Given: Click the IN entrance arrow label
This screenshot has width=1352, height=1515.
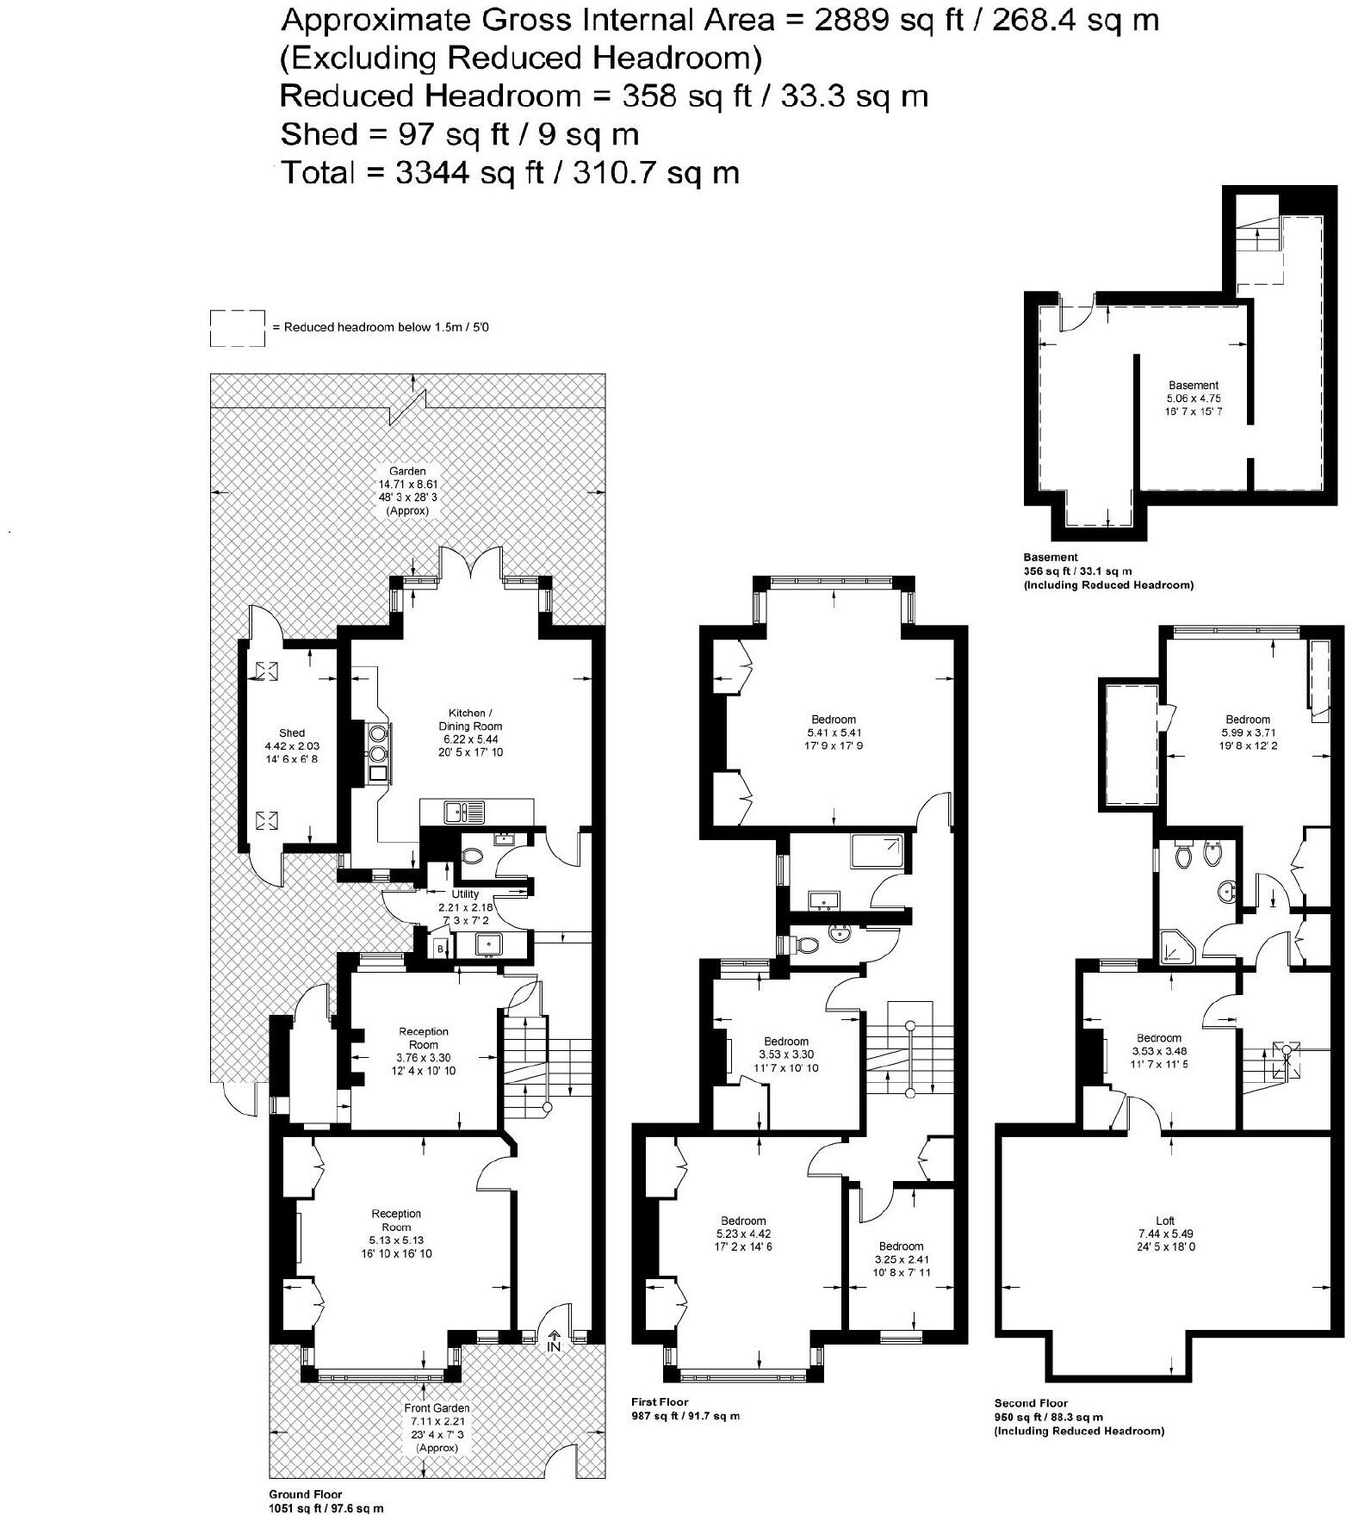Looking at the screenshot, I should (x=553, y=1344).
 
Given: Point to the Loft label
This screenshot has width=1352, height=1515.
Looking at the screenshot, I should (x=1164, y=1220).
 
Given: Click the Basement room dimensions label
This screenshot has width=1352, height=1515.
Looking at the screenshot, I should (x=1194, y=399).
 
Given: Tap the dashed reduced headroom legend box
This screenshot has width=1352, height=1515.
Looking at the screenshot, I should (x=237, y=328).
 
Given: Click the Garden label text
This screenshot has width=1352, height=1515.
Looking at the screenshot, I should (x=407, y=471).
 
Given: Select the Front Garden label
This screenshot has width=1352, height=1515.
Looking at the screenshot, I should (x=437, y=1408).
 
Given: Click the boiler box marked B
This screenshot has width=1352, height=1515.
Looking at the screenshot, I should (x=440, y=949).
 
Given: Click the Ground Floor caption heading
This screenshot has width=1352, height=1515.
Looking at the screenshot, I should (x=305, y=1494).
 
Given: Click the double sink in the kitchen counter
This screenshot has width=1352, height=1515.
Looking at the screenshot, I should (x=463, y=811).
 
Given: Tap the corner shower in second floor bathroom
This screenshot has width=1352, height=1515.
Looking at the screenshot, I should (x=1175, y=947).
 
